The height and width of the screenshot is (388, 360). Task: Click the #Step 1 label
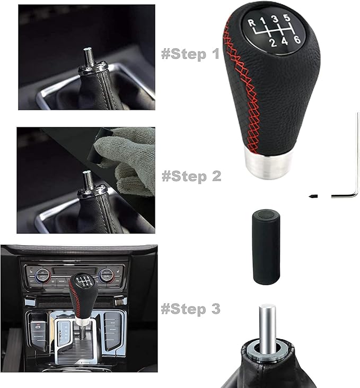coord(190,54)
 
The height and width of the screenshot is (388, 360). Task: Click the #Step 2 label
coord(191,176)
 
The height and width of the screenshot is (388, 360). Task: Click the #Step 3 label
coord(190,308)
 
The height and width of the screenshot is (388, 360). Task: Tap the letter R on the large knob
coord(251,22)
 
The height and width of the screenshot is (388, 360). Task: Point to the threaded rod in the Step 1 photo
coord(87,56)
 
